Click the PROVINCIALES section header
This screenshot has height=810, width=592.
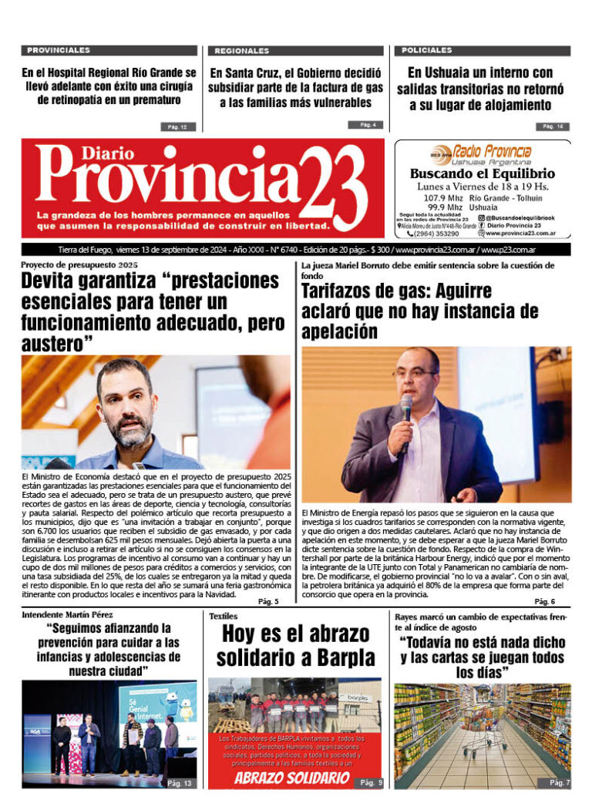point(59,50)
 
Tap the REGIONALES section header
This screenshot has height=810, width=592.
point(242,50)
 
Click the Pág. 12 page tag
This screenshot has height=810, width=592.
point(177,126)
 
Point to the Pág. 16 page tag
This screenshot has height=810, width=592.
point(553,126)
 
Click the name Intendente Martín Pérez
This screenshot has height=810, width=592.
point(69,615)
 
